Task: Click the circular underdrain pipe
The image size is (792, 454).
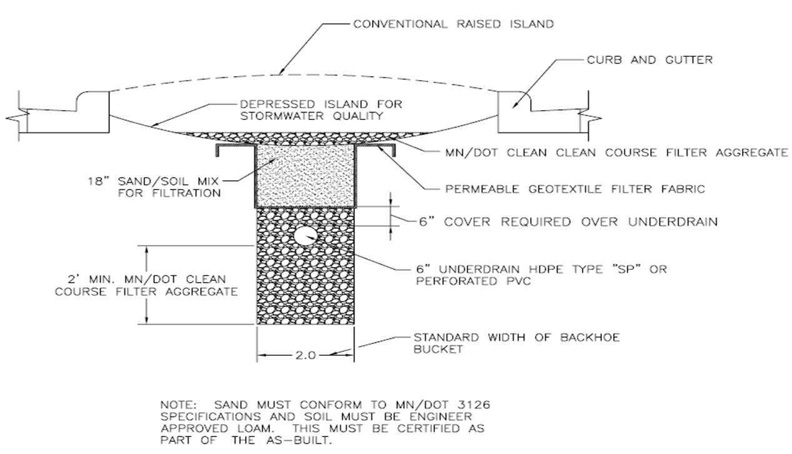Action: coord(306,236)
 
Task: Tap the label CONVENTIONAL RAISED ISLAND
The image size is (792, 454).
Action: coord(453,24)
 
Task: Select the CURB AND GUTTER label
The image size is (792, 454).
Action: coord(650,60)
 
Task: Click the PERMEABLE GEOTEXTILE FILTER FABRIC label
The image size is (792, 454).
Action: coord(573,189)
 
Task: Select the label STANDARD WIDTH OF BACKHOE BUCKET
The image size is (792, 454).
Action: coord(516,343)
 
